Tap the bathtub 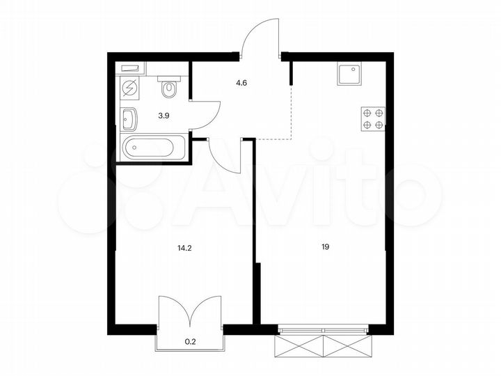pyautogui.click(x=154, y=148)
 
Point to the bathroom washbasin pyautogui.click(x=130, y=119)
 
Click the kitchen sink pyautogui.click(x=350, y=73)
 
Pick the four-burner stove pyautogui.click(x=373, y=118)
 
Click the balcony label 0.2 pyautogui.click(x=190, y=340)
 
